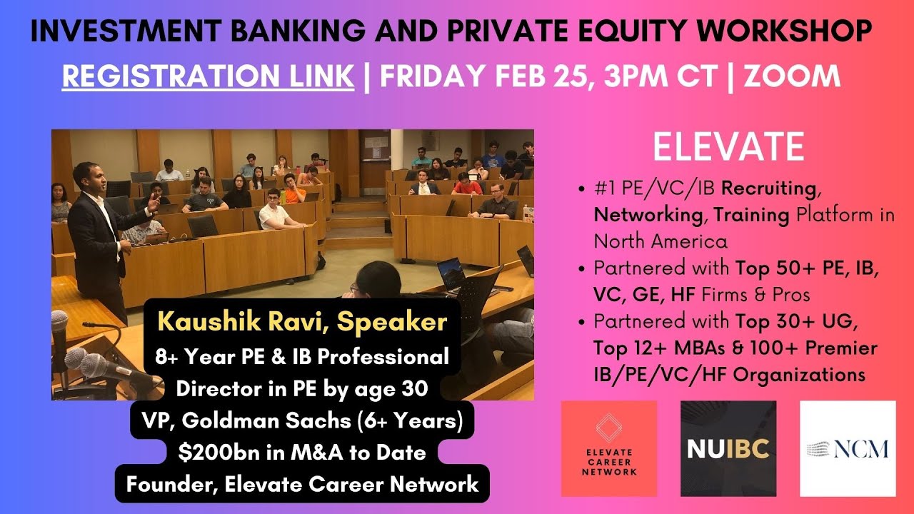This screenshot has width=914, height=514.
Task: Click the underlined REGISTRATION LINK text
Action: point(208,76)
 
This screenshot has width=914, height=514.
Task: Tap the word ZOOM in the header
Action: point(793,76)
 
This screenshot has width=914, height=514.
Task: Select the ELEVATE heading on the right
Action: point(728,147)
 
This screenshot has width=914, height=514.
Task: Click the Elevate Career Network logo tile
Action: point(608,448)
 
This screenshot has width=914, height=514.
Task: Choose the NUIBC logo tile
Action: point(728,448)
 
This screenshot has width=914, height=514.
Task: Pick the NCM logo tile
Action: point(848,448)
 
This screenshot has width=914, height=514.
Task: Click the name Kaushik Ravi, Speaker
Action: point(302,322)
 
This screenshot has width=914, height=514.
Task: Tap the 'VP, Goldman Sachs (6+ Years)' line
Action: point(303,421)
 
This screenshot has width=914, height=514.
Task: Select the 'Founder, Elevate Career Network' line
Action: point(302,484)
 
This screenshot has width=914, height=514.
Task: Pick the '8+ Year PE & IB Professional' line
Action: point(302,356)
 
